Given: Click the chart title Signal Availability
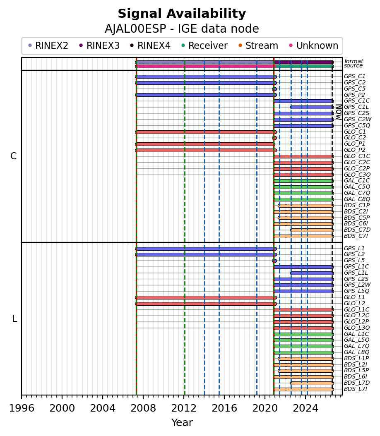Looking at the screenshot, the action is (x=182, y=14).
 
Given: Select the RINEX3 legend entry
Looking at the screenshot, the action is (x=99, y=46).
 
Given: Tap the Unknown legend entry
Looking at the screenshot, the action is (x=313, y=46).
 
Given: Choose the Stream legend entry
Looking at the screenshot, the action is (x=258, y=46).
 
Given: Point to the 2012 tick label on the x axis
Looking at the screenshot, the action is (x=184, y=408).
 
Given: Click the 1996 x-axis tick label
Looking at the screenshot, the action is (x=22, y=408).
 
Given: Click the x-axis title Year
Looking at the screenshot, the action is (x=182, y=422).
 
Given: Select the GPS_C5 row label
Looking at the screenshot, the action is (x=354, y=89).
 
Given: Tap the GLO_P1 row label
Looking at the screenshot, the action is (x=354, y=144).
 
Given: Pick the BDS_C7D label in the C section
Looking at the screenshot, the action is (x=357, y=230).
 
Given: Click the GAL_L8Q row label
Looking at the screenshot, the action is (x=356, y=352).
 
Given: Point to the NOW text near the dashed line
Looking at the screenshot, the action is (x=339, y=112).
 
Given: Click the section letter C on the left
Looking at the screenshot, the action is (x=13, y=156).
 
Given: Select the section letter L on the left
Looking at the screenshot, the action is (x=14, y=319).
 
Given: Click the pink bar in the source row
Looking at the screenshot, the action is (x=205, y=66).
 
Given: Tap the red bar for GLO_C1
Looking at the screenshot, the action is (x=206, y=132).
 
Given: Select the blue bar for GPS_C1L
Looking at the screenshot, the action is (x=312, y=107).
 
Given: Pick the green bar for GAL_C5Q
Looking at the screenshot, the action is (x=303, y=187).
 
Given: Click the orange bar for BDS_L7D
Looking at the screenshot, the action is (x=312, y=383).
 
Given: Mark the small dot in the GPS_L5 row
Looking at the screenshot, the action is (x=274, y=261).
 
